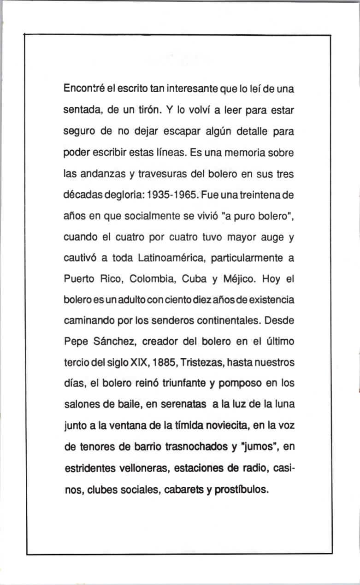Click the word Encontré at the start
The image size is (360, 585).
[x=83, y=89]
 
